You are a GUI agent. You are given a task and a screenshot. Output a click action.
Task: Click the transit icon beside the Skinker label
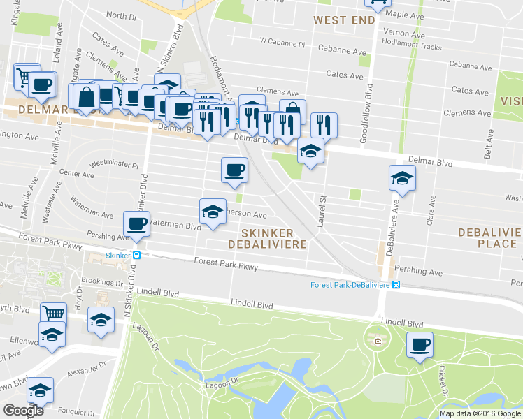click(x=137, y=256)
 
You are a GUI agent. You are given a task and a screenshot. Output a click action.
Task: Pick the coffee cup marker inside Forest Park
click(x=420, y=344)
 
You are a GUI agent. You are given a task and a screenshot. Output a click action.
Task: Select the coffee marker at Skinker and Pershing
click(x=136, y=223)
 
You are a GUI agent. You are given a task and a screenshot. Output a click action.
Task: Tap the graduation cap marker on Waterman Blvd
click(x=213, y=211)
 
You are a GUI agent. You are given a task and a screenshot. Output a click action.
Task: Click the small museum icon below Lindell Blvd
click(x=378, y=341)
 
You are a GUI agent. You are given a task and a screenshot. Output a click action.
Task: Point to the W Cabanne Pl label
click(x=282, y=43)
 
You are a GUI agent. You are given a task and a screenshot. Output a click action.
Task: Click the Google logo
click(x=23, y=411)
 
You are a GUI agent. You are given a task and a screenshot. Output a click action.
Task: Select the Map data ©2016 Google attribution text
click(x=480, y=413)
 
